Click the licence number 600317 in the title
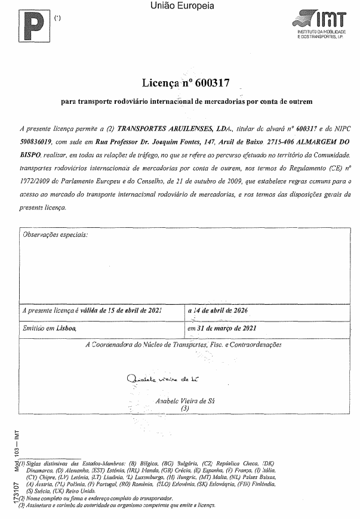coord(211,82)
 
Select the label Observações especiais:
coord(54,235)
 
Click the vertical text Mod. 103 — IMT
coord(8,445)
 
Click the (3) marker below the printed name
coord(184,409)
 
